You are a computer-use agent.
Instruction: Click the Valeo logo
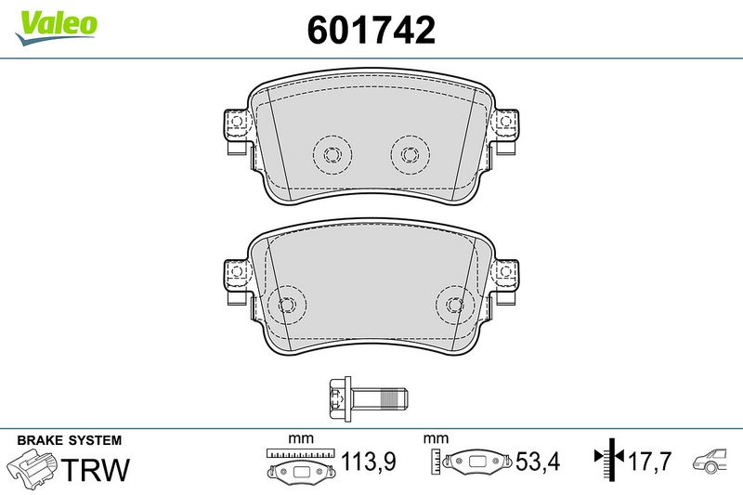pyautogui.click(x=57, y=28)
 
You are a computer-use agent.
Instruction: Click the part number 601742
pyautogui.click(x=371, y=30)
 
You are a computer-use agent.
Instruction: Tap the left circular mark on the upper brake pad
pyautogui.click(x=332, y=154)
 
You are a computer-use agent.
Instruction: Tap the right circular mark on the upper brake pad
pyautogui.click(x=410, y=154)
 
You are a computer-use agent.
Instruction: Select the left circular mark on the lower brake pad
pyautogui.click(x=287, y=305)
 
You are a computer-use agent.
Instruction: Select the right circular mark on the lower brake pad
pyautogui.click(x=455, y=305)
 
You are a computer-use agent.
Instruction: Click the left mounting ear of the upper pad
pyautogui.click(x=236, y=132)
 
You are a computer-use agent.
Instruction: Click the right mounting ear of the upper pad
pyautogui.click(x=506, y=132)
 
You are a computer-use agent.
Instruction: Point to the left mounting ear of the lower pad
pyautogui.click(x=236, y=281)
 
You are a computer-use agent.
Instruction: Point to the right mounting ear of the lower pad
pyautogui.click(x=506, y=281)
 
